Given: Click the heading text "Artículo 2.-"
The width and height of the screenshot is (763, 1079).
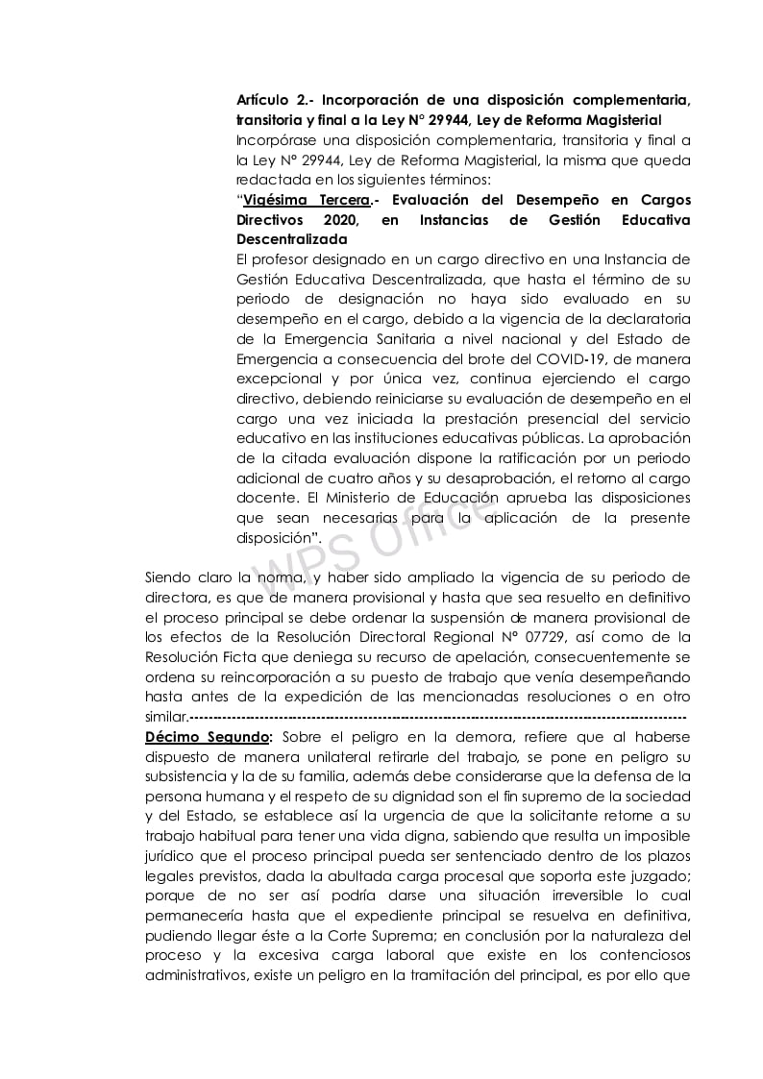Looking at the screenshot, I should pos(275,100).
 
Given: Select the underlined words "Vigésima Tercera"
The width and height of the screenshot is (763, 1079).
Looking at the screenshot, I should pos(307,200).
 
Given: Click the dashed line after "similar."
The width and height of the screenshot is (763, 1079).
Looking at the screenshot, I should pos(437,717).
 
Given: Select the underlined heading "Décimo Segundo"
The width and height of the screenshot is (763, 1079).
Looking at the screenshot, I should pos(208,737).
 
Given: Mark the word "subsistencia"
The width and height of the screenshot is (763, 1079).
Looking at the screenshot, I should pos(186,776).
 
